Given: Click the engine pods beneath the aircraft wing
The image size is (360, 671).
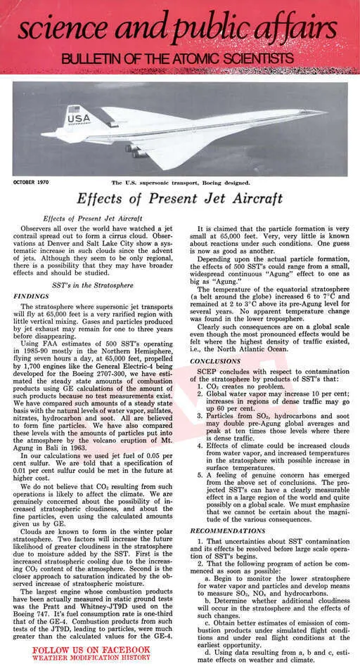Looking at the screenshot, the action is [x=135, y=150].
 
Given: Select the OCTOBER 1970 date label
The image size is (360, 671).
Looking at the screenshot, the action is [x=32, y=182].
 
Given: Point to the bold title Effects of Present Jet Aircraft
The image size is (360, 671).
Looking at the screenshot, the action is [x=179, y=199].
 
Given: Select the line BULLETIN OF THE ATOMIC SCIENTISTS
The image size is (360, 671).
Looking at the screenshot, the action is [x=176, y=58].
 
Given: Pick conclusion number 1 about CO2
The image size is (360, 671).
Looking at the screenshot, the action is [x=232, y=386].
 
